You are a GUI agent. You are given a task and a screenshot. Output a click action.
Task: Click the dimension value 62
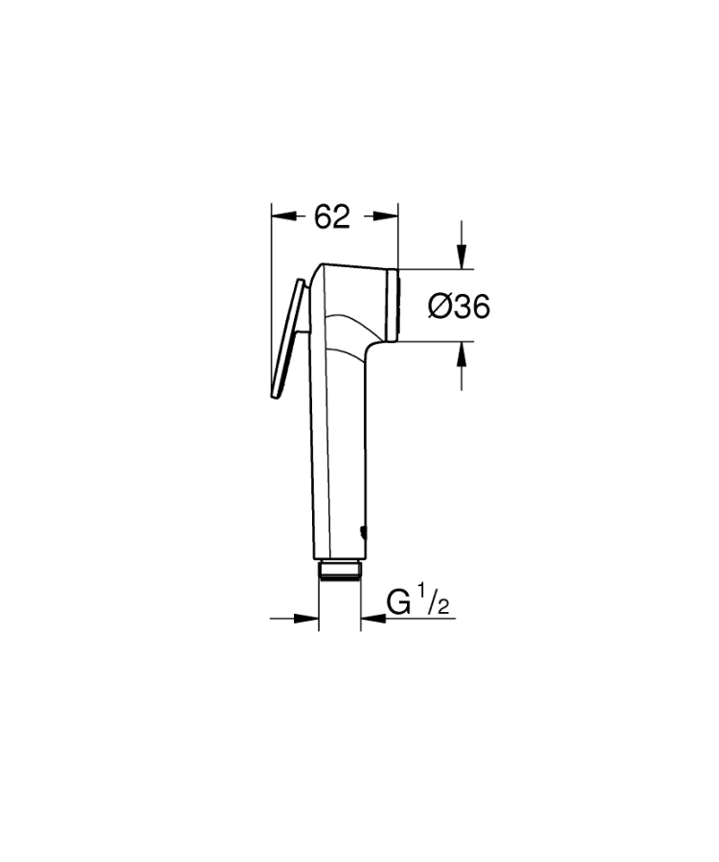pyautogui.click(x=331, y=217)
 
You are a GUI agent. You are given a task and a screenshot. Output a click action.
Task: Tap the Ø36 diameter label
pyautogui.click(x=459, y=306)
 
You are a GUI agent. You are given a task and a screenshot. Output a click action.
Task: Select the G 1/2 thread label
pyautogui.click(x=417, y=602)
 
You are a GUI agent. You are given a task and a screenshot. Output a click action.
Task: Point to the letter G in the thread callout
pyautogui.click(x=398, y=603)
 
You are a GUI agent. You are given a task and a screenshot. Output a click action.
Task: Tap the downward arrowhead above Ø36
pyautogui.click(x=461, y=256)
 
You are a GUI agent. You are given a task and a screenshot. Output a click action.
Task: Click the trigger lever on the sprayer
pyautogui.click(x=287, y=340)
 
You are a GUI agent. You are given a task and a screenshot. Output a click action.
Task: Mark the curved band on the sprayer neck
pyautogui.click(x=347, y=316)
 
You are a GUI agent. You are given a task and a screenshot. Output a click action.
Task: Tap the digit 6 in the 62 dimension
pyautogui.click(x=322, y=217)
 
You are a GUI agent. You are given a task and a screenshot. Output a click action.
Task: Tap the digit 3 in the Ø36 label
pyautogui.click(x=460, y=306)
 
